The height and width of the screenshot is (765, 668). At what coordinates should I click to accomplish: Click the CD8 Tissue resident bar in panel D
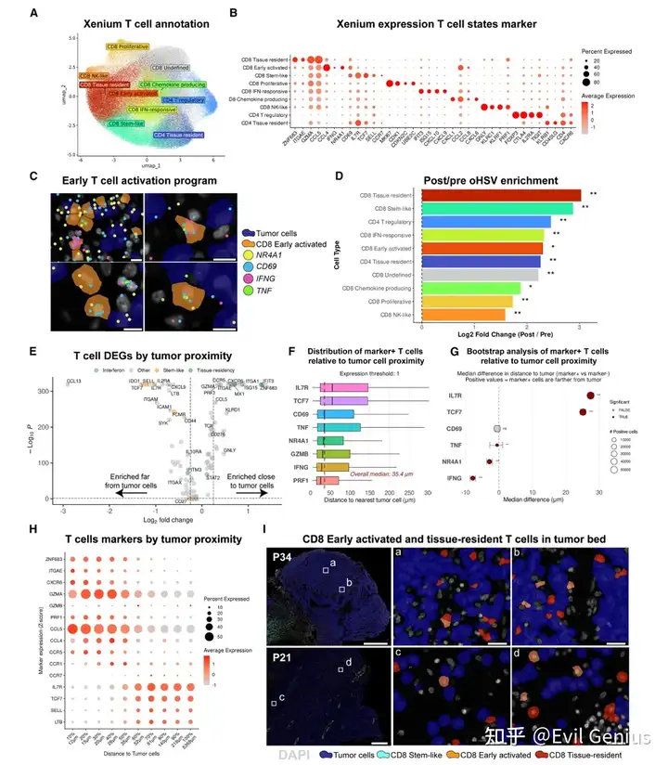501,195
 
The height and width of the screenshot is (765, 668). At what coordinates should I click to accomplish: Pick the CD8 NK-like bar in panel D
463,314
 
